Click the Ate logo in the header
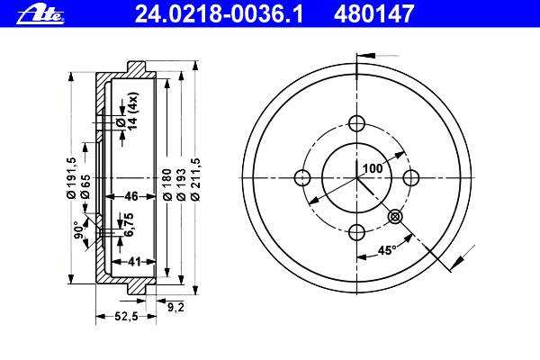point(40,14)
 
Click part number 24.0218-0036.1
point(219,14)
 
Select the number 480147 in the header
point(373,14)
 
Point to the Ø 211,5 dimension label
point(195,179)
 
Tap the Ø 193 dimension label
point(181,184)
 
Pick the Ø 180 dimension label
point(167,184)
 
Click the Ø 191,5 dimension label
point(71,177)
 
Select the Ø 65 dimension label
point(85,186)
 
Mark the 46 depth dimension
point(131,196)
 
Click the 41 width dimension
point(134,262)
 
